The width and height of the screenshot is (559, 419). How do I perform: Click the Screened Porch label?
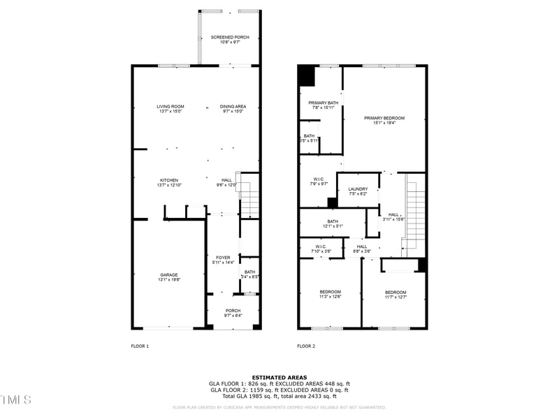[x=230, y=37]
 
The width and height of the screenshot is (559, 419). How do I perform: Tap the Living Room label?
[x=170, y=106]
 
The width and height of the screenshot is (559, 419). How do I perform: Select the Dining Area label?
[x=233, y=106]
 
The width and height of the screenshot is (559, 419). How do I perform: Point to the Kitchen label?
[x=168, y=179]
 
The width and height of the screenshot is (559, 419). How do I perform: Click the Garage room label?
[x=168, y=274]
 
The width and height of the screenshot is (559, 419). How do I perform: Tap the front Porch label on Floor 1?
[x=233, y=311]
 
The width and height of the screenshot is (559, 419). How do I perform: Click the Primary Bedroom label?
[x=384, y=118]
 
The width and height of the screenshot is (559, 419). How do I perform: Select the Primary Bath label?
[x=324, y=103]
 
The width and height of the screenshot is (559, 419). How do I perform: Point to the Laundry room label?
[x=358, y=189]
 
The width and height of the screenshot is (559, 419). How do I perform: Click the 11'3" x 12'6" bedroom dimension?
[x=331, y=297]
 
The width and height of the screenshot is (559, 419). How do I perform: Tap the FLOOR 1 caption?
[x=140, y=346]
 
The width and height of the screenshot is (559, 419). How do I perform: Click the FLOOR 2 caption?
[x=306, y=346]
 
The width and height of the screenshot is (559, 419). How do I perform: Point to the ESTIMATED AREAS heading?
[x=279, y=377]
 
